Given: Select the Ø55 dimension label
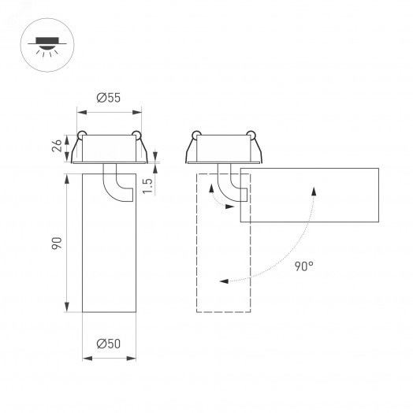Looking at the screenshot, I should [x=109, y=98].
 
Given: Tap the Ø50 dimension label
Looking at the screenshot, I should [x=109, y=344].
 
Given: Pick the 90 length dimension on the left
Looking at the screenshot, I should [x=57, y=244].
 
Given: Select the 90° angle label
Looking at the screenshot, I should [x=304, y=266].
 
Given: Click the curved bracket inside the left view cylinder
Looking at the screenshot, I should [x=118, y=185].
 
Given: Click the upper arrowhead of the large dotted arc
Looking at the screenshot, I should [x=316, y=189].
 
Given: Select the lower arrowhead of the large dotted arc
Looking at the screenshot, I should [x=225, y=279].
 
